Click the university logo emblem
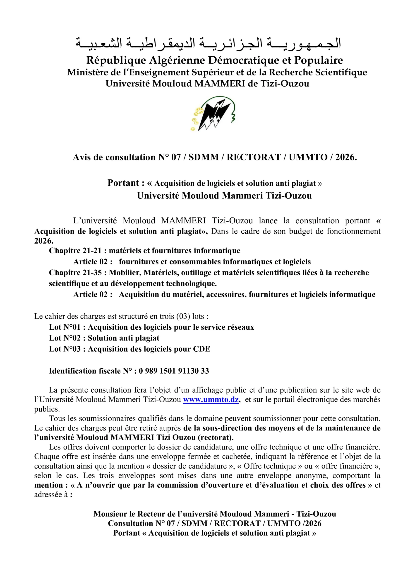(x=213, y=114)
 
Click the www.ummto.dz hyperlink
(x=211, y=399)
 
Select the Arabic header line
(x=208, y=43)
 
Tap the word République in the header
(x=116, y=60)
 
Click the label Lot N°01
(x=65, y=327)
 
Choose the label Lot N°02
(x=65, y=338)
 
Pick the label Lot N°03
(x=65, y=349)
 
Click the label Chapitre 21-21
(x=75, y=251)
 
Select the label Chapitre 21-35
(x=75, y=273)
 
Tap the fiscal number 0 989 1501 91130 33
(x=174, y=371)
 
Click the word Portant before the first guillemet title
(x=123, y=183)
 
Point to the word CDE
(x=201, y=349)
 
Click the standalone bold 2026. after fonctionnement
(x=44, y=241)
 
